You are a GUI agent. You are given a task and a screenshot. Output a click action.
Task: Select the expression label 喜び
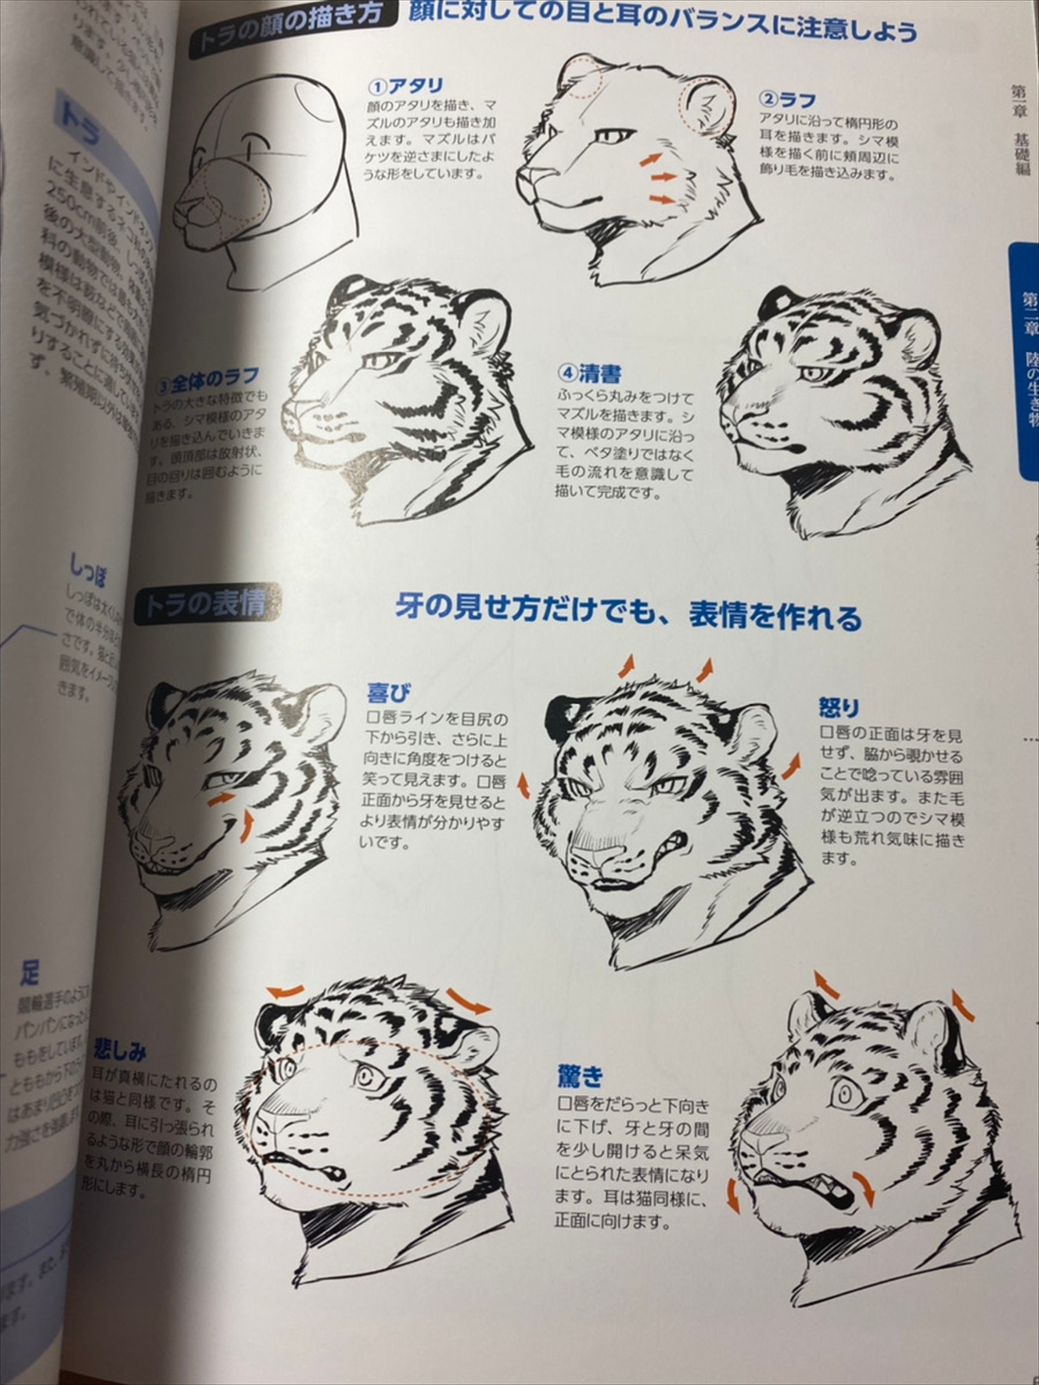click(389, 694)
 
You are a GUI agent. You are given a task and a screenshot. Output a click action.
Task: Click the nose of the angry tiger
click(592, 856)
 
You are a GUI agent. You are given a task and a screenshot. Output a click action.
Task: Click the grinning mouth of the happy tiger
click(169, 865)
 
